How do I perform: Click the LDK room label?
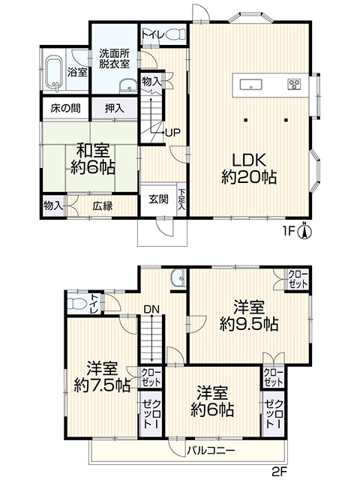249,169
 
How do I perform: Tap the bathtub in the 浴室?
54,73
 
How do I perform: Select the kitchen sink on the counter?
251,84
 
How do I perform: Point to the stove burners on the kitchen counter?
294,84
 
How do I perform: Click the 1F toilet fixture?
175,34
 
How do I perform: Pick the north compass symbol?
304,231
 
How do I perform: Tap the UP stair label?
172,133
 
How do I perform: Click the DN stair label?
151,310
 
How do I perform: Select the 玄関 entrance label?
159,199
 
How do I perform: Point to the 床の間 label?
65,108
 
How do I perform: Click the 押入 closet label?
115,108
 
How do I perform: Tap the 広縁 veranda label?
103,206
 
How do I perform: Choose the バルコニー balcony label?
211,450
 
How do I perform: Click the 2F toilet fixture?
76,304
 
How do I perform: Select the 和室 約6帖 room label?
93,159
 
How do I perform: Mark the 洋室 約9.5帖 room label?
249,316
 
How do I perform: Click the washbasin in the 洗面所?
128,86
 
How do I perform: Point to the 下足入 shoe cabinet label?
181,199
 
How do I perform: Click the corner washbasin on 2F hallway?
178,277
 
